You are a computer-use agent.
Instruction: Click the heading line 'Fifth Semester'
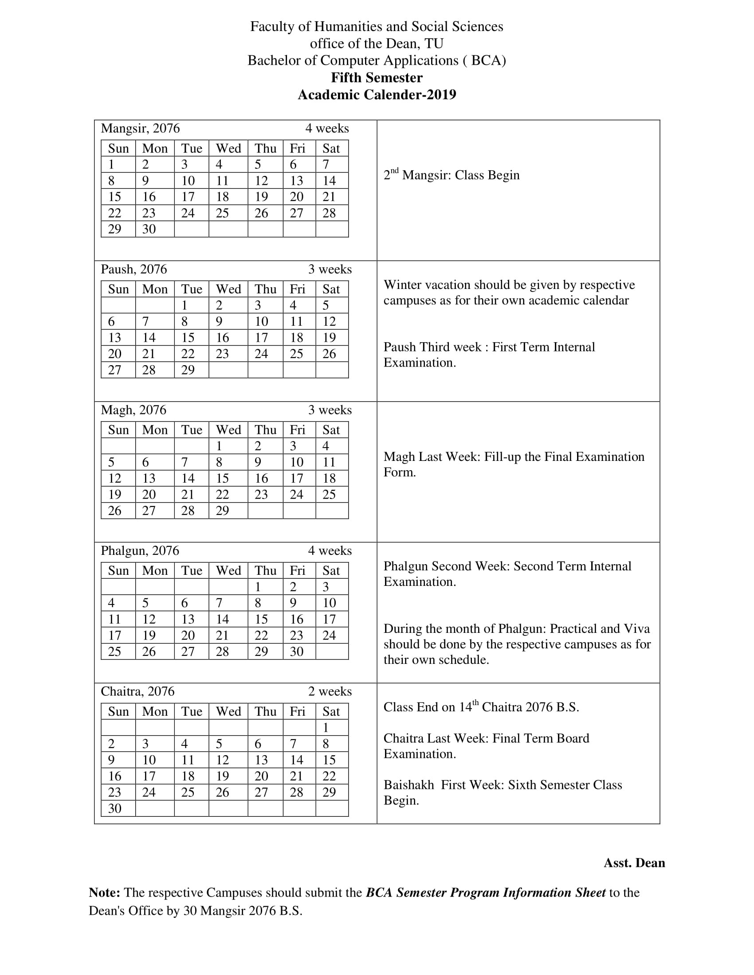(377, 78)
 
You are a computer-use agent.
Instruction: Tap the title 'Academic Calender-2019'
(377, 95)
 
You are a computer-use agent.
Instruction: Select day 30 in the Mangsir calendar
(149, 229)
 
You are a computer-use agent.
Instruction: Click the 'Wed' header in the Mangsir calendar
(228, 148)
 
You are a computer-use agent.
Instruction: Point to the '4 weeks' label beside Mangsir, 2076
(327, 129)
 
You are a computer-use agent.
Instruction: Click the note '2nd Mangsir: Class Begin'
(452, 175)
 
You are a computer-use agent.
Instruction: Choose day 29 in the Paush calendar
(188, 370)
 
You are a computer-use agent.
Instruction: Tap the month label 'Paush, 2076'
(134, 269)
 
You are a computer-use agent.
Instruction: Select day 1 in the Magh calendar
(219, 446)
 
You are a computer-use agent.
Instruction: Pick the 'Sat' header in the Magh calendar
(331, 430)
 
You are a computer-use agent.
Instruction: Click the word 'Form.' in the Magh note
(400, 472)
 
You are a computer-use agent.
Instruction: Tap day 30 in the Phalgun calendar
(297, 651)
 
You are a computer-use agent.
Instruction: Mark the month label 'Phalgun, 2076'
(140, 550)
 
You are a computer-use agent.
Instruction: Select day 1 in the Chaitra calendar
(326, 728)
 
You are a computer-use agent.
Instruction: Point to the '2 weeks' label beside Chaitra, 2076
(330, 691)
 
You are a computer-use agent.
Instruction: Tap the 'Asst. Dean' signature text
(634, 863)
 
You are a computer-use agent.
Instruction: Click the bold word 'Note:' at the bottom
(105, 893)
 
